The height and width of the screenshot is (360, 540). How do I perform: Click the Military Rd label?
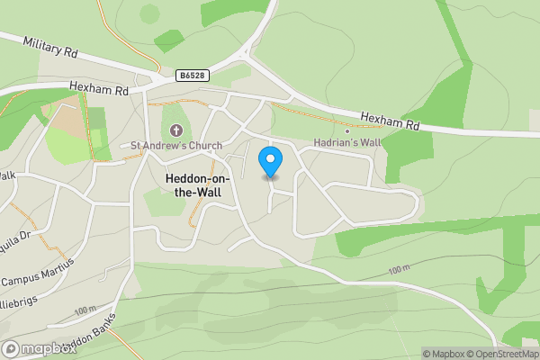tap(50, 47)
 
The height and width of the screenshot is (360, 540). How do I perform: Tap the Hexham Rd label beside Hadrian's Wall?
tap(391, 120)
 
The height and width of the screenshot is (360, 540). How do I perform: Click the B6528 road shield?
tap(189, 76)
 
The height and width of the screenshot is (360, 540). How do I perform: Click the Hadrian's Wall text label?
tap(348, 143)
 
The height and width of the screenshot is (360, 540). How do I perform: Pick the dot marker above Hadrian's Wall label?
tap(347, 131)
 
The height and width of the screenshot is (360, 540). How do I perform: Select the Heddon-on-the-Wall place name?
tap(197, 185)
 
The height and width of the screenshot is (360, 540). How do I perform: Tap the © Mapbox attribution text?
tap(445, 354)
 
